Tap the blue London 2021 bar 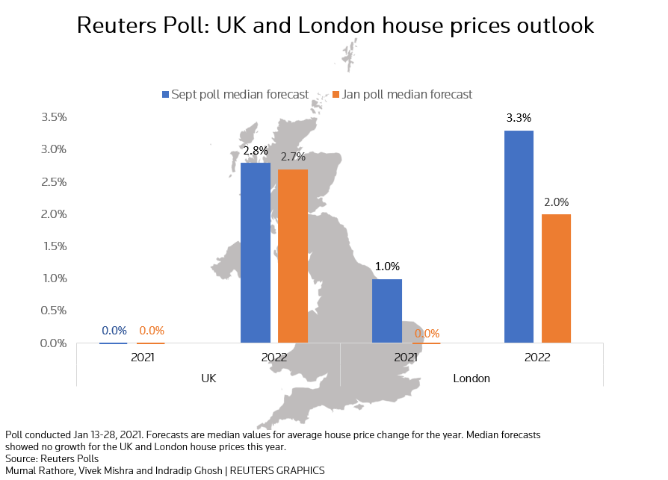pos(387,311)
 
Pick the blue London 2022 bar pos(519,237)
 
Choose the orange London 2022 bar pos(556,278)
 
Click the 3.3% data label pos(519,118)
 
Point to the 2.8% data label pos(256,150)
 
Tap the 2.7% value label pos(292,157)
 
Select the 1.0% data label pos(387,266)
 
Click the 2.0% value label pos(556,202)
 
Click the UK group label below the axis pos(208,378)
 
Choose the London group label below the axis pos(471,378)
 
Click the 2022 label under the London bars pos(537,357)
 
